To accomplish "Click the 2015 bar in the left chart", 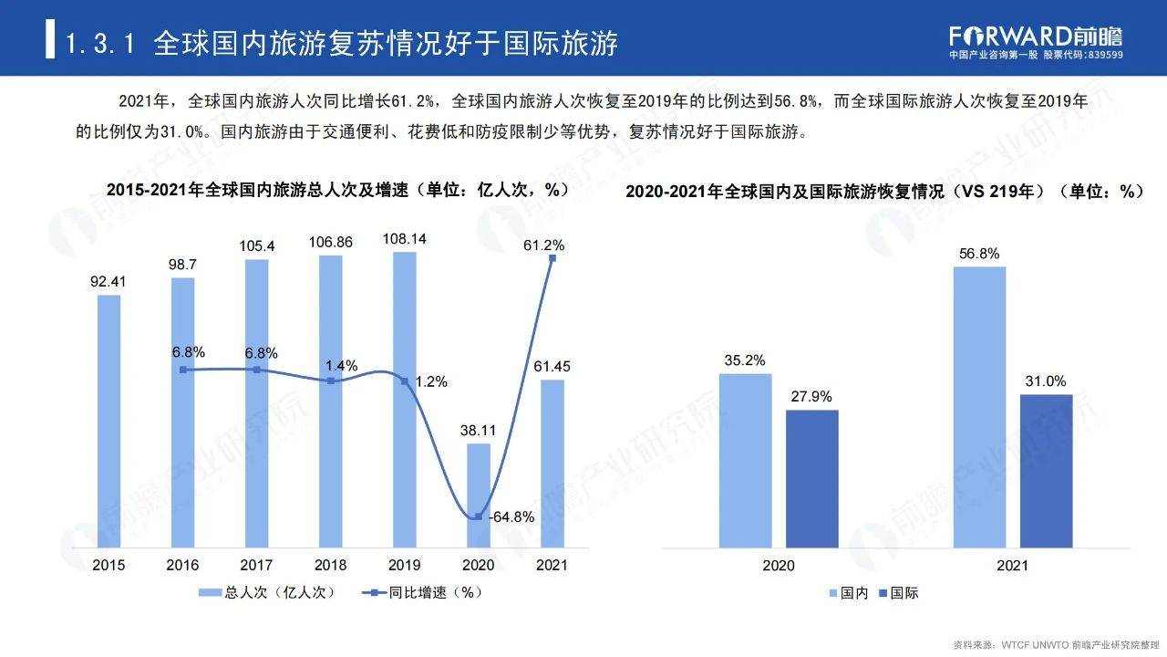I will [109, 420].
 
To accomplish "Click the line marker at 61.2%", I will [553, 258].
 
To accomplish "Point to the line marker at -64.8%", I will [479, 517].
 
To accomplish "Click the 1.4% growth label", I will [341, 365].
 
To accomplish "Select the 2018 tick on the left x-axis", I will [331, 565].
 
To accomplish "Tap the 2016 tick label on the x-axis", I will [182, 565].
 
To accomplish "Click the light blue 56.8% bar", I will [979, 407].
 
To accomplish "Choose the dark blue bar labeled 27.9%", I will [811, 478].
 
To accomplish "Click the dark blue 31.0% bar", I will [1046, 471].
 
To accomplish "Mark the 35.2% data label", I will [745, 360].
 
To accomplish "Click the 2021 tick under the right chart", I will [1012, 566].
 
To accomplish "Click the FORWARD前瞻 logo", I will [1036, 36].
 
